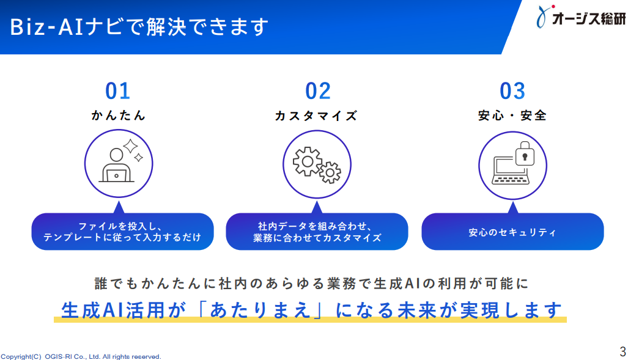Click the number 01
click(118, 91)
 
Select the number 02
click(318, 91)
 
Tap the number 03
click(512, 91)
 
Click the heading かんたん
click(118, 116)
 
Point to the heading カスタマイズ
click(317, 116)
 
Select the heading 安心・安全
click(512, 116)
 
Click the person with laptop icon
click(117, 165)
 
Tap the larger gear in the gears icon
click(308, 161)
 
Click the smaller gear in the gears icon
click(330, 173)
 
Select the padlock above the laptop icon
click(525, 153)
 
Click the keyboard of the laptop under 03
click(511, 179)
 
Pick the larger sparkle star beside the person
click(130, 146)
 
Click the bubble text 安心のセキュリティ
click(512, 232)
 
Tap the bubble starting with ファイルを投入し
click(123, 231)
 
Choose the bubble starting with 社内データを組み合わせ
click(317, 231)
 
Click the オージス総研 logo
click(582, 17)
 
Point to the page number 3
click(622, 351)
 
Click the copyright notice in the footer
click(81, 356)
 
